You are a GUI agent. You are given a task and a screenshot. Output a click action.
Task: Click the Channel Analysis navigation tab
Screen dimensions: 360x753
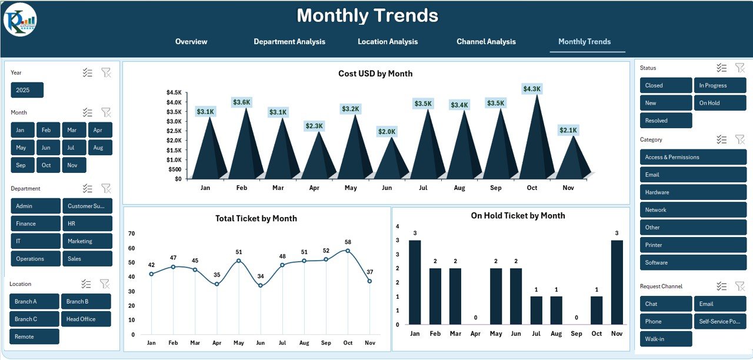pyautogui.click(x=486, y=42)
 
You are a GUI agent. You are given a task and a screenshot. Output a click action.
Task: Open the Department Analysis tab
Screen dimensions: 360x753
pyautogui.click(x=289, y=42)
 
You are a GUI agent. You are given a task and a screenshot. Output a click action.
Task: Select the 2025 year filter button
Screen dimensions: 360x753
pyautogui.click(x=27, y=90)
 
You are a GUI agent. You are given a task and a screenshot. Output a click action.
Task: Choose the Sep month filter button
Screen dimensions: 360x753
pyautogui.click(x=21, y=165)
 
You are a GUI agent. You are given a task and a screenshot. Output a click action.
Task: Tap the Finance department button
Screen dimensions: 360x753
pyautogui.click(x=35, y=224)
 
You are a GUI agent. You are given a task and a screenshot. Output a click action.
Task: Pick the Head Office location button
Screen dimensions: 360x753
pyautogui.click(x=86, y=319)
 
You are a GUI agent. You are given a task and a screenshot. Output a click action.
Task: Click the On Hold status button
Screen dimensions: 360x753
pyautogui.click(x=719, y=103)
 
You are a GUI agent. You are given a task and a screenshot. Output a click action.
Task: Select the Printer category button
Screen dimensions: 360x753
pyautogui.click(x=693, y=245)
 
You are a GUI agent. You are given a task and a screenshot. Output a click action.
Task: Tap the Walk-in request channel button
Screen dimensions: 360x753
pyautogui.click(x=666, y=339)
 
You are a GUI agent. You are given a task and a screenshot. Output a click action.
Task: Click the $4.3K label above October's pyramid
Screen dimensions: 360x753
pyautogui.click(x=532, y=89)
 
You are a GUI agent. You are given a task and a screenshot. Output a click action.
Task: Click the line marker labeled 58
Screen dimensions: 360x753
pyautogui.click(x=348, y=251)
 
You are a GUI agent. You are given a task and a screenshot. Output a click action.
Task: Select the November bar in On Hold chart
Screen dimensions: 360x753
pyautogui.click(x=617, y=282)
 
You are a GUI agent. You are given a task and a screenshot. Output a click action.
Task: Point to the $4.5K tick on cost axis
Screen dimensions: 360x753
pyautogui.click(x=174, y=92)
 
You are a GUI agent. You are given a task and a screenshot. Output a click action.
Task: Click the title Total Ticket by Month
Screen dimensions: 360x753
pyautogui.click(x=256, y=218)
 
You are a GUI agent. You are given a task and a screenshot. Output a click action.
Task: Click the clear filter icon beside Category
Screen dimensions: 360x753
pyautogui.click(x=739, y=139)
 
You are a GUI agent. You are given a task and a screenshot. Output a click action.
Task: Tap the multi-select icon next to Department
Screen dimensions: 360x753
pyautogui.click(x=88, y=188)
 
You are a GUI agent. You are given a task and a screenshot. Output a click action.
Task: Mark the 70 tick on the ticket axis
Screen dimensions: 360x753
pyautogui.click(x=131, y=234)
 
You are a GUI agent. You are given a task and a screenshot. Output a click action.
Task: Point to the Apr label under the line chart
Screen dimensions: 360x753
pyautogui.click(x=216, y=343)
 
